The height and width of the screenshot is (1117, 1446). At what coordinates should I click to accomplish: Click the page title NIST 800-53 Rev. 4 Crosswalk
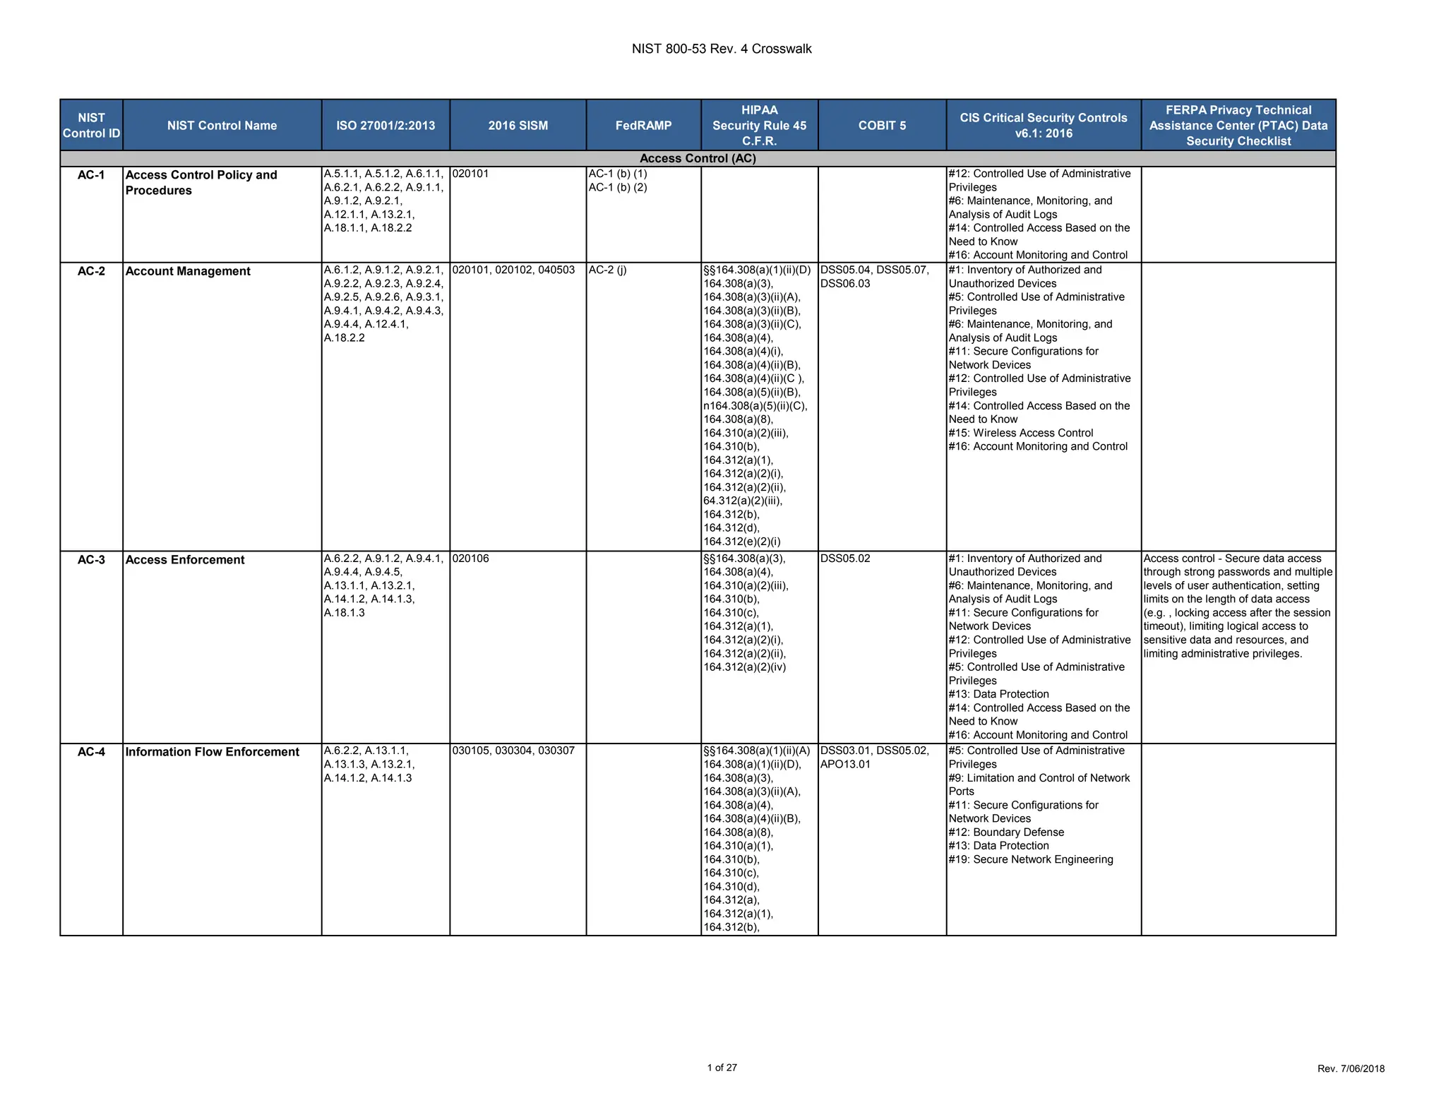tap(722, 49)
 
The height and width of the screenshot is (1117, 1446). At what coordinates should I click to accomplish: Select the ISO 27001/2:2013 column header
tap(386, 126)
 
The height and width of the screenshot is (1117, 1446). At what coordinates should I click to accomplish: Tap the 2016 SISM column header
tap(518, 126)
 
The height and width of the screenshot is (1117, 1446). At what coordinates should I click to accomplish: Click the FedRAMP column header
tap(643, 126)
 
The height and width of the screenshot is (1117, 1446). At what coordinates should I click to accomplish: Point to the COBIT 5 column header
tap(882, 126)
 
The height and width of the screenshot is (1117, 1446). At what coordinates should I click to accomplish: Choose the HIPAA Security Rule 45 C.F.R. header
tap(759, 126)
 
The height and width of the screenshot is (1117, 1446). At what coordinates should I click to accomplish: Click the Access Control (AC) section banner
tap(698, 159)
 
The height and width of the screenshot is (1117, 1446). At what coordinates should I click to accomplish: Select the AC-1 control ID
tap(91, 175)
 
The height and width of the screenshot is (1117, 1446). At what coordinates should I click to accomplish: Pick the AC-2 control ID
tap(91, 271)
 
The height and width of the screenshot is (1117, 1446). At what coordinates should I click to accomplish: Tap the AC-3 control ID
tap(91, 560)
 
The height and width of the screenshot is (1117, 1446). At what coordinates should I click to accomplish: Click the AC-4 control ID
tap(91, 752)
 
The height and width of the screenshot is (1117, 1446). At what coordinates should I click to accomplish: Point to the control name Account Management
tap(188, 271)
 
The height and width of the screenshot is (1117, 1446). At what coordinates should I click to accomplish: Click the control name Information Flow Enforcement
tap(213, 752)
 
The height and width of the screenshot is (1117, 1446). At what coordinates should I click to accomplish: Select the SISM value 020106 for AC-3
tap(470, 558)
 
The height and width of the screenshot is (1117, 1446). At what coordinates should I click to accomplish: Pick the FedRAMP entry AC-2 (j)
tap(607, 270)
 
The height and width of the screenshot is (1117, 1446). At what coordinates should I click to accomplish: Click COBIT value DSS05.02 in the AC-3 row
tap(845, 558)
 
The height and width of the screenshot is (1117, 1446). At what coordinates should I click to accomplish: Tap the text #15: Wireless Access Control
tap(1021, 433)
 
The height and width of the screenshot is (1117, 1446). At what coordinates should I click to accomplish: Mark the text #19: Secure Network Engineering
tap(1031, 859)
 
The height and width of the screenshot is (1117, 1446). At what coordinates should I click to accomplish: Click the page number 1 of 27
tap(722, 1068)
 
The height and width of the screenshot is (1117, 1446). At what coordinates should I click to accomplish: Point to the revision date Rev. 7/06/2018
tap(1351, 1069)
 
